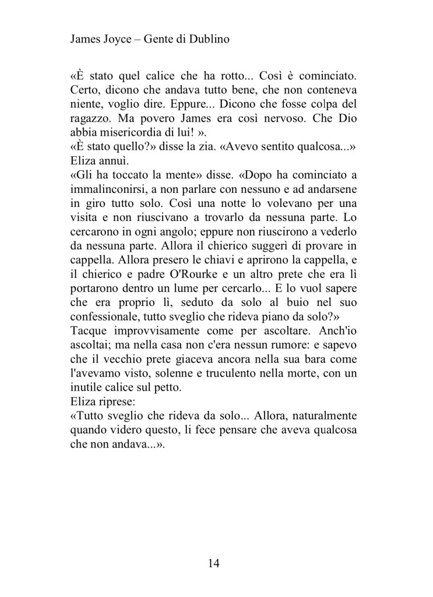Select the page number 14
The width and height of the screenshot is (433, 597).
[213, 563]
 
